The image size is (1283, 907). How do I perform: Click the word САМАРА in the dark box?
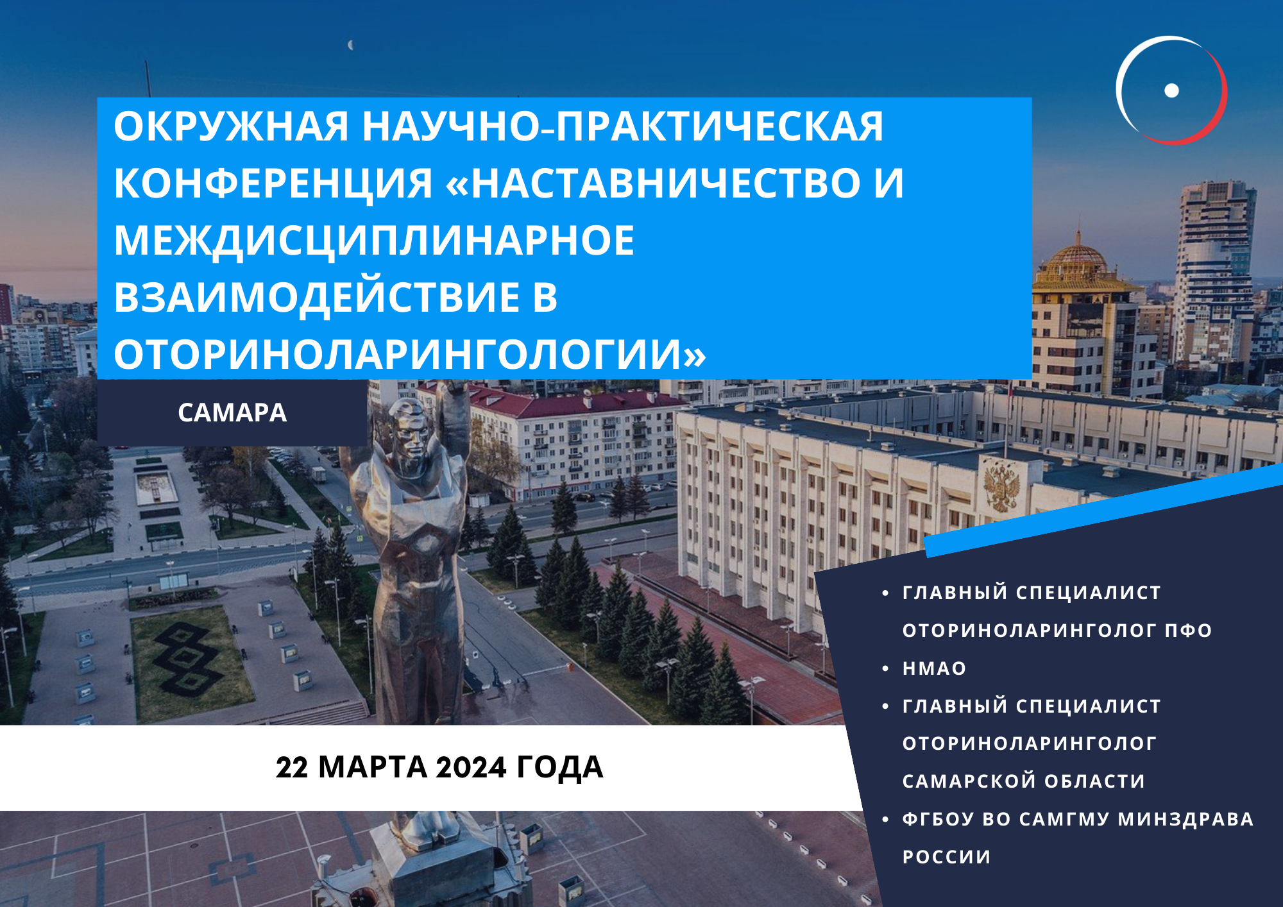tap(232, 412)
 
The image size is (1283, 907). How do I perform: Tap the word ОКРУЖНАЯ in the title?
tap(232, 126)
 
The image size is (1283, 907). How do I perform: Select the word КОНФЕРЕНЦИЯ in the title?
tap(273, 183)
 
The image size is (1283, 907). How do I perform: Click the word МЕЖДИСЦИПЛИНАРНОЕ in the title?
tap(374, 241)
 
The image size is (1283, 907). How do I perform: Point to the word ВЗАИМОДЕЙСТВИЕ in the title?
tap(336, 297)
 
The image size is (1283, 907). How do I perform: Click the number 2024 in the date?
tap(472, 767)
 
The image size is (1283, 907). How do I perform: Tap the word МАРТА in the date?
tap(373, 767)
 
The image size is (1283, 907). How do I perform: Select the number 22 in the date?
tap(293, 767)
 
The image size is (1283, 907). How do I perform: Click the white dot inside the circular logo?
tap(1171, 90)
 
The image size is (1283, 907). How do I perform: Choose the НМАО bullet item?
tap(934, 668)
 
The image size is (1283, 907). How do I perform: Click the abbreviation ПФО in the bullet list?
tap(1189, 631)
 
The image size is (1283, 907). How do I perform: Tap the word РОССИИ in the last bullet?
tap(947, 857)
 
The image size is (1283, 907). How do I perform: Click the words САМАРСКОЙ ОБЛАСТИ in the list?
tap(1024, 781)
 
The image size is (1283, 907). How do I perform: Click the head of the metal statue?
tap(407, 427)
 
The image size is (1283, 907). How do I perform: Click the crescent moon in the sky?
tap(350, 45)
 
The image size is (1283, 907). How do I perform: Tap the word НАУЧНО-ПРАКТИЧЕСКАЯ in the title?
tap(623, 126)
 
